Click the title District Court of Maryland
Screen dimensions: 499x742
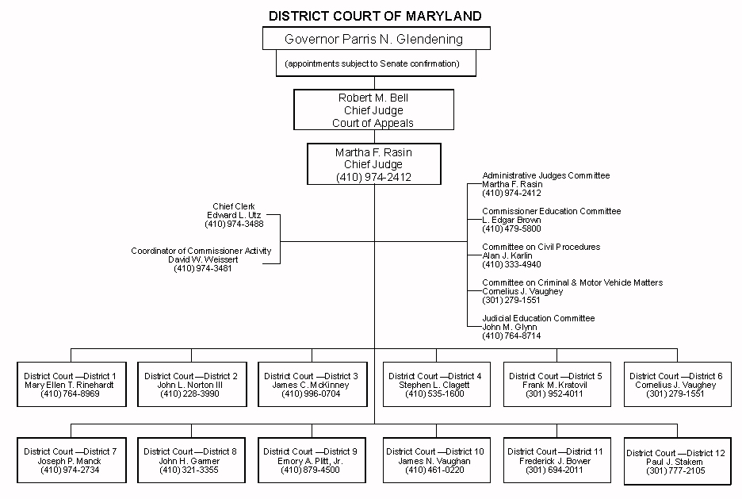tap(375, 16)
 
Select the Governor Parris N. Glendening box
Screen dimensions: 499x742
tap(374, 38)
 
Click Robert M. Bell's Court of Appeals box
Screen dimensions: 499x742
tap(374, 109)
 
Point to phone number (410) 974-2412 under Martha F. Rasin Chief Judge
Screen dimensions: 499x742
tap(374, 176)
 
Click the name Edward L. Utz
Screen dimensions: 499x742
tap(234, 215)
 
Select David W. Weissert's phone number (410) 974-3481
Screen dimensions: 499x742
tap(203, 268)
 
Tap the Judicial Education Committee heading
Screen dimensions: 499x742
tap(538, 318)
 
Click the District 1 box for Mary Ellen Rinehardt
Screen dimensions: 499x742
tap(71, 384)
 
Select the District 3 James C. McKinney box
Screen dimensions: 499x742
tap(312, 384)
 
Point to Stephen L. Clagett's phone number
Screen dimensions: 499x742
tap(434, 393)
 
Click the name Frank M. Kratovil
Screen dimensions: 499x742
tap(555, 385)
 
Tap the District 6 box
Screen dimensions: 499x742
tap(676, 384)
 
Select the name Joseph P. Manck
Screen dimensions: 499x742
tap(71, 461)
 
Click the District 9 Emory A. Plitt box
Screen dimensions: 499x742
tap(311, 460)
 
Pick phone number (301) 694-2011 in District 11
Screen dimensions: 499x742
tap(555, 470)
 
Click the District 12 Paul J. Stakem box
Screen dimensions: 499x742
tap(676, 461)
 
